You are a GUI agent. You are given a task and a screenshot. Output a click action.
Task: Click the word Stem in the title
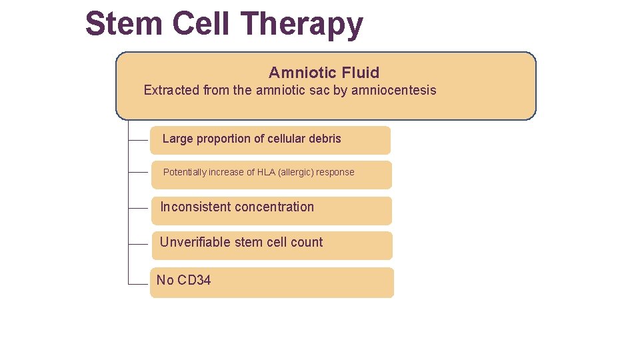click(x=125, y=24)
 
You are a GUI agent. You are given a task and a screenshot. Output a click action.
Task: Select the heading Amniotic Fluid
click(x=324, y=73)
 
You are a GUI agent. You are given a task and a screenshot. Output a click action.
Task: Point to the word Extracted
click(x=171, y=90)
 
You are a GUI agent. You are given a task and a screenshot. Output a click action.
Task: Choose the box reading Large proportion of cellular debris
click(x=270, y=140)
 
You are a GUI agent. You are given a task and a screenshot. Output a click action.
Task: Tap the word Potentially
click(x=185, y=172)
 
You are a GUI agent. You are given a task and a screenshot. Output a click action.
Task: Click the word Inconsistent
click(x=193, y=207)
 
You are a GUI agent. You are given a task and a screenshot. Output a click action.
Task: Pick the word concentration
click(x=273, y=207)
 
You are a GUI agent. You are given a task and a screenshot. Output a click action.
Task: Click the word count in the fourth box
click(x=307, y=242)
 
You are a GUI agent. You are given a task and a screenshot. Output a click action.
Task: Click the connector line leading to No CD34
click(x=138, y=284)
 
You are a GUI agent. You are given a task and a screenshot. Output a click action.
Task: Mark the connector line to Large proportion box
click(x=138, y=141)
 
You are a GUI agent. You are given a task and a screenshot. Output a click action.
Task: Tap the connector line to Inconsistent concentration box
click(x=138, y=208)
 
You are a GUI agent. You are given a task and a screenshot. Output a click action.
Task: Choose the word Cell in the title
click(x=203, y=24)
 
